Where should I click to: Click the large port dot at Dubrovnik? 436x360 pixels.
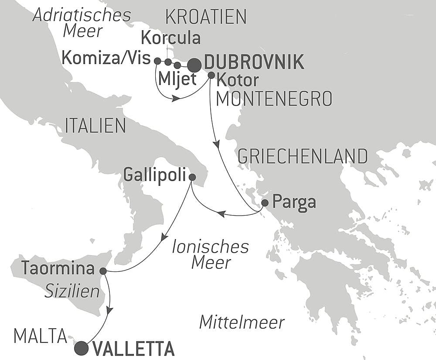coord(194,65)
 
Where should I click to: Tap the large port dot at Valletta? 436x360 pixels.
coord(81,348)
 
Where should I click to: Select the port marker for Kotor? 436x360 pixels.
coord(211,75)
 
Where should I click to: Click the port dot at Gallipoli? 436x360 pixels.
coord(192,177)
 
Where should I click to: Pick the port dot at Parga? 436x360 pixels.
coord(265,203)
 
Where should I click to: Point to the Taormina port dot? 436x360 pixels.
coord(103,271)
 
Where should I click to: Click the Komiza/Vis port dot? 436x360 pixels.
coord(157,61)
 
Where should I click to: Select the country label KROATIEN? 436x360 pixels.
coord(206,17)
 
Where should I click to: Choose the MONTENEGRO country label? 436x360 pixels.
coord(274,99)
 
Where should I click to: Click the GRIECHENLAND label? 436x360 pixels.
coord(302,155)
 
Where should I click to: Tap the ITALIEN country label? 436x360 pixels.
coord(95,126)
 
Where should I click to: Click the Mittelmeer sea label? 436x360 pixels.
coord(242,322)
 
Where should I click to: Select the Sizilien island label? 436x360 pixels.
coord(72,291)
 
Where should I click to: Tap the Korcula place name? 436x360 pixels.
coord(170,38)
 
